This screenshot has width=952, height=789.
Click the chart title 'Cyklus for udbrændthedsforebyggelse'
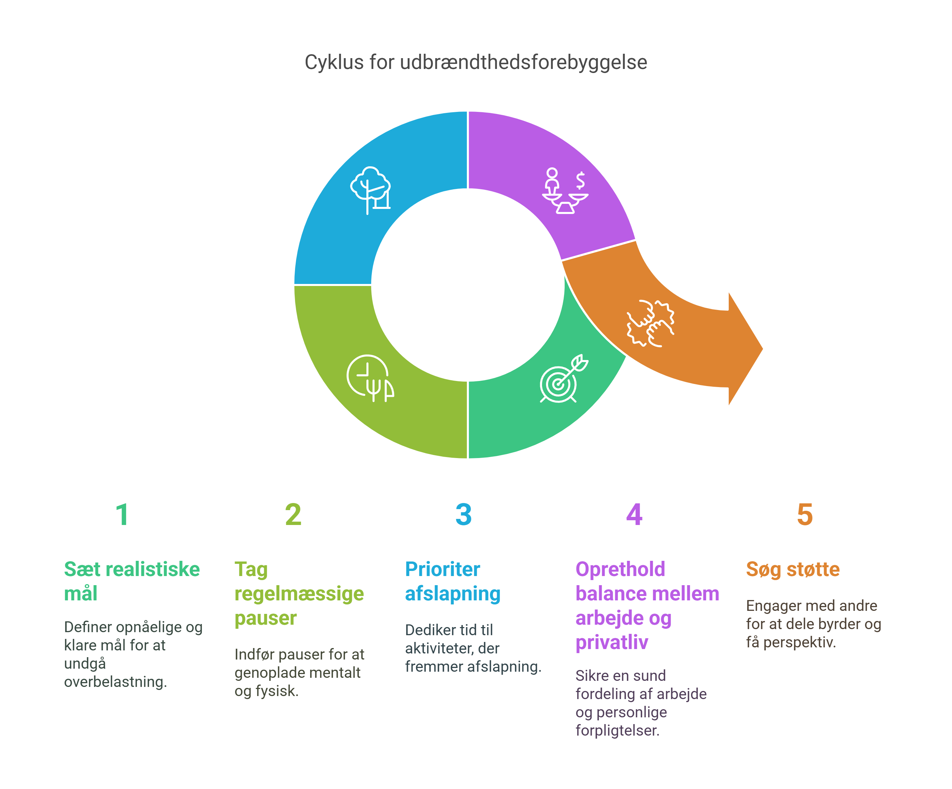[x=476, y=62]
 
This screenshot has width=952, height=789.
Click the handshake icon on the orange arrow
[x=651, y=323]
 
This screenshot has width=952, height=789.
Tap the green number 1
[x=122, y=515]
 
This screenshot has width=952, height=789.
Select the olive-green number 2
[x=293, y=515]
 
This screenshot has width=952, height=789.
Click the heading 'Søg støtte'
[x=792, y=569]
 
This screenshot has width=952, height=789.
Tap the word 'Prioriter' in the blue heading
[x=443, y=569]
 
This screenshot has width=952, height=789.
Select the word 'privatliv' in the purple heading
[x=612, y=642]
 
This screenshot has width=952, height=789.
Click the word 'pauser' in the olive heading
[x=265, y=618]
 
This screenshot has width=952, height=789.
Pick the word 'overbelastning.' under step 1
[x=116, y=682]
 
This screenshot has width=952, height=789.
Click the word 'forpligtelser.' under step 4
[x=617, y=730]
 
